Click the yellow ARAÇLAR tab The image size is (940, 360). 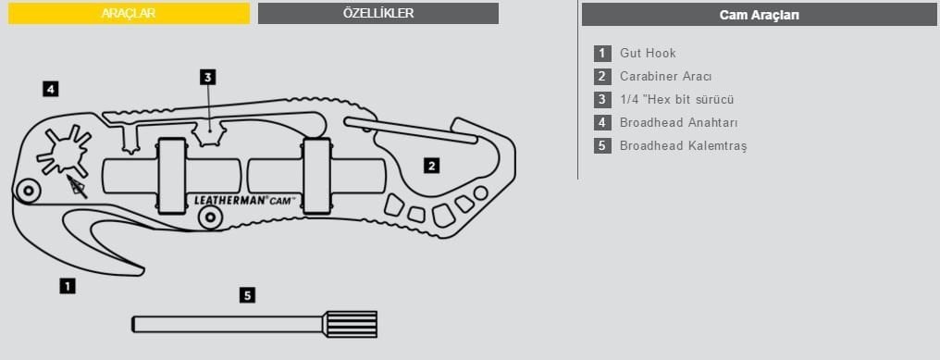click(129, 14)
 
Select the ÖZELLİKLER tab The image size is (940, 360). click(377, 14)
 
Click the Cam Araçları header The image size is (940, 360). click(759, 15)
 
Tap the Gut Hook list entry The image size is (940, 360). click(648, 54)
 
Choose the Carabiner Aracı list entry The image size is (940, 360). click(665, 77)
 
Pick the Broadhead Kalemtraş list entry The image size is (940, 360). click(683, 146)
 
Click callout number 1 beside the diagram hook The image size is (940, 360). click(68, 287)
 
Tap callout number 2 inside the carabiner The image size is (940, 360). click(431, 167)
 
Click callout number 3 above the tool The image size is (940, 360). click(208, 78)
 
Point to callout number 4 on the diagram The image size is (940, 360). click(51, 90)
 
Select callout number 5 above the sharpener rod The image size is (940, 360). click(247, 296)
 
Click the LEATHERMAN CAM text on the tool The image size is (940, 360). click(244, 199)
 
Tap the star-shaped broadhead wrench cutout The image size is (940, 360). click(64, 150)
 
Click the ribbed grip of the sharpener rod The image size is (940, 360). click(351, 324)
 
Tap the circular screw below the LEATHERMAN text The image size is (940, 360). click(208, 217)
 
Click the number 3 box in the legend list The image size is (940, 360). click(602, 100)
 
